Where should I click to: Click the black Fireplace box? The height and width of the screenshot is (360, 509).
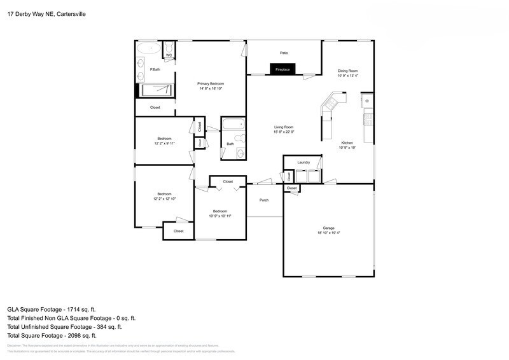click(x=282, y=69)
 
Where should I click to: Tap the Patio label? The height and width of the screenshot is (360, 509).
click(x=284, y=53)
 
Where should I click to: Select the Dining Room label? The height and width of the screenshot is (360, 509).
click(x=347, y=71)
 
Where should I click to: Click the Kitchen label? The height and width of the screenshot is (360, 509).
click(x=347, y=142)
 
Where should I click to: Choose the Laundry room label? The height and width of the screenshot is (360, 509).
click(x=303, y=163)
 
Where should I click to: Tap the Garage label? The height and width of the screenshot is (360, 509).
click(x=328, y=228)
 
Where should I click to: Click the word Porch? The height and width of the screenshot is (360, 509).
click(x=263, y=200)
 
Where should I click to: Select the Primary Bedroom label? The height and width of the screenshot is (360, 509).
click(x=210, y=83)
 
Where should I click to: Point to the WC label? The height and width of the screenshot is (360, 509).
click(x=169, y=56)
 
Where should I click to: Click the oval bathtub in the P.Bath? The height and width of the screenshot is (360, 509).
click(x=148, y=48)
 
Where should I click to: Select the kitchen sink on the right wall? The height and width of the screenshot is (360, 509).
click(x=366, y=101)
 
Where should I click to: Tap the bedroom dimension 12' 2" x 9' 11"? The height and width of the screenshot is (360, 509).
click(x=164, y=143)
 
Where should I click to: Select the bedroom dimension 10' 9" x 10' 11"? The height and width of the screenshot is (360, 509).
click(x=220, y=216)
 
